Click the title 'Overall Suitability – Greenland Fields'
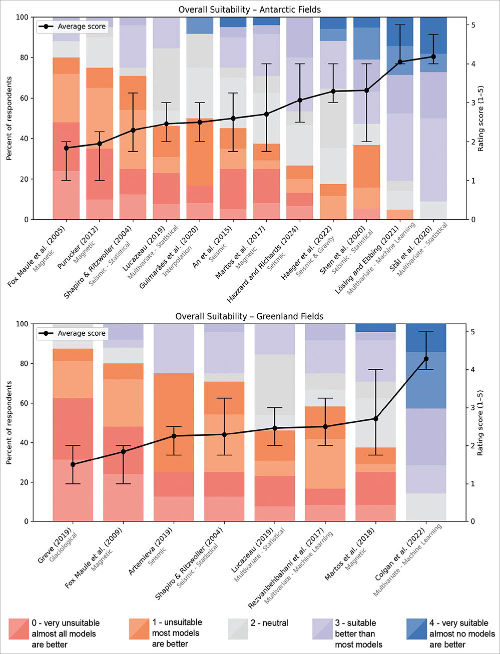[249, 316]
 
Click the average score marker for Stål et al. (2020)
[433, 57]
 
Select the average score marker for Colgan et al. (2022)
[426, 359]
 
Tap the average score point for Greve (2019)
[73, 464]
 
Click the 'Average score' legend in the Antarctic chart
[72, 27]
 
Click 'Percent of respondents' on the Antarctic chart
[9, 119]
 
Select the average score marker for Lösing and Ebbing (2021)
[400, 62]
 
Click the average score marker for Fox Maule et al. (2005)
[67, 148]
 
